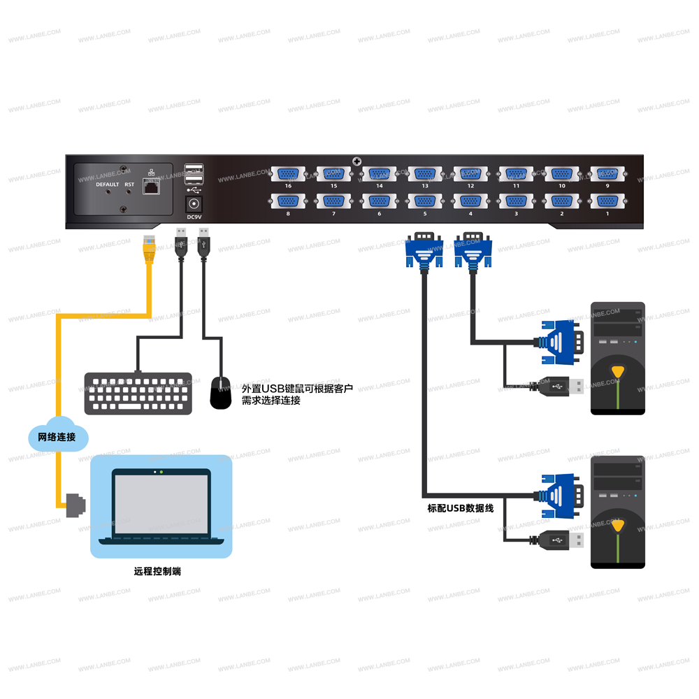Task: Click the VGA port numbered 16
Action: pos(288,174)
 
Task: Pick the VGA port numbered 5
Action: pos(425,201)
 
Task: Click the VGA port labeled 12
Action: pos(470,174)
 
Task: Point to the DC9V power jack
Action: pos(194,204)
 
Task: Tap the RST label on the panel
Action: pos(129,185)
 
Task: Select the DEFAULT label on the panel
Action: pos(108,185)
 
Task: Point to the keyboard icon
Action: pos(138,393)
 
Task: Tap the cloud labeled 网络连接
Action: pos(58,438)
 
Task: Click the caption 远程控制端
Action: pos(157,571)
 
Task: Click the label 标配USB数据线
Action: pos(461,508)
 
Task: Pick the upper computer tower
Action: pos(617,358)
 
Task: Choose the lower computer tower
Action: pos(617,512)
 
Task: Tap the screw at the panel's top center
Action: pos(357,162)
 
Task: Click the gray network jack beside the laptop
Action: pos(74,505)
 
